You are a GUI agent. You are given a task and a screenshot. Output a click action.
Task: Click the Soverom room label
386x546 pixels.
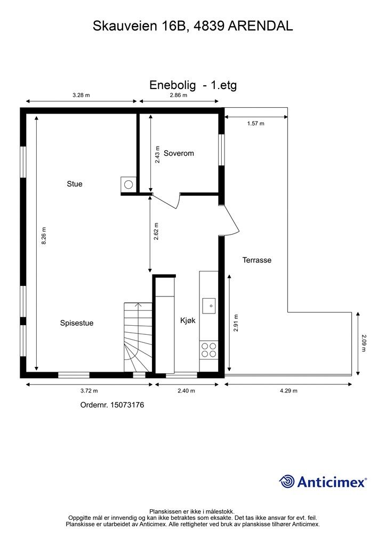tap(179, 153)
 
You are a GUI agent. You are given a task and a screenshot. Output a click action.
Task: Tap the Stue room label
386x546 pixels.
tap(75, 184)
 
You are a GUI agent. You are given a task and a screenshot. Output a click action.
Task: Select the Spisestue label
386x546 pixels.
tap(77, 323)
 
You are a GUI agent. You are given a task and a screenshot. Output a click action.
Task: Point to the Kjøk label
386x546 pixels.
tap(188, 320)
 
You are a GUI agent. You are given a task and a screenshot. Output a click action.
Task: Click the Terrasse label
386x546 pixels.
tap(257, 260)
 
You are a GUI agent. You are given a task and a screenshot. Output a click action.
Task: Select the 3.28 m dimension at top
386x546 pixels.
tap(81, 95)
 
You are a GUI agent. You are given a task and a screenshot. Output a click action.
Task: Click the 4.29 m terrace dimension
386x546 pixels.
tap(288, 390)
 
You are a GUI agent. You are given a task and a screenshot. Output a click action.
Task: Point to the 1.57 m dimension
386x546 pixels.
tap(255, 123)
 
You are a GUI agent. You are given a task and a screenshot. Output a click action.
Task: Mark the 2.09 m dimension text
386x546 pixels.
tap(364, 342)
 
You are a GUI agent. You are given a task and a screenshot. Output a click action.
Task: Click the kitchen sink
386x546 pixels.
tap(208, 306)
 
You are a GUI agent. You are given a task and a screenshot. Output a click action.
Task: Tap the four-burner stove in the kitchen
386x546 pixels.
tap(208, 349)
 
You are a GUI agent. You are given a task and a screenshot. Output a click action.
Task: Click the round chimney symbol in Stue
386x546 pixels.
tap(128, 184)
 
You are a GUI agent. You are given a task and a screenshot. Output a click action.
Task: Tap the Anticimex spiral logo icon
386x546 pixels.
tap(287, 481)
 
